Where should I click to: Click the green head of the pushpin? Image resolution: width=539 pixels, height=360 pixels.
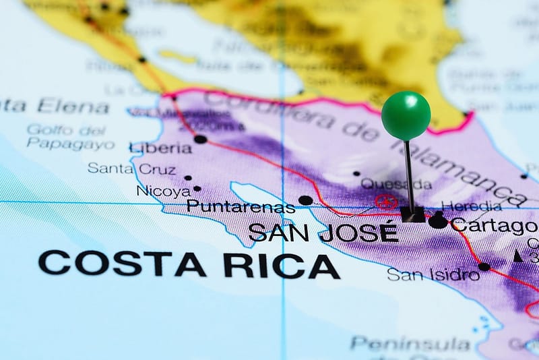click(x=406, y=115)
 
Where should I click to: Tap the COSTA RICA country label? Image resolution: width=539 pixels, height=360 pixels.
click(x=189, y=264)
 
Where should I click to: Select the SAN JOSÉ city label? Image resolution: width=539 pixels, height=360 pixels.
click(x=323, y=232)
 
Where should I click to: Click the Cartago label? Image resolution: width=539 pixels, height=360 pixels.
click(x=494, y=224)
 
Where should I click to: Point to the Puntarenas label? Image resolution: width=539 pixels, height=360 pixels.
click(x=241, y=206)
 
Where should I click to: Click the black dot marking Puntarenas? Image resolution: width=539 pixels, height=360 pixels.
click(x=305, y=200)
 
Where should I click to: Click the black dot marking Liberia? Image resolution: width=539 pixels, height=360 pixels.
click(x=200, y=139)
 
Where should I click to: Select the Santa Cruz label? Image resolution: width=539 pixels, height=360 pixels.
click(x=131, y=169)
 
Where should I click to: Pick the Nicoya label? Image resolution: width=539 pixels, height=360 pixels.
click(x=163, y=191)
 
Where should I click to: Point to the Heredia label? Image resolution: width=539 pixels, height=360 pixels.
click(x=471, y=206)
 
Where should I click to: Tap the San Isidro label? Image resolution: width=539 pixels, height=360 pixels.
click(x=433, y=274)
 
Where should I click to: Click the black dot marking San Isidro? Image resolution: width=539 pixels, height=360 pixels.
click(x=484, y=266)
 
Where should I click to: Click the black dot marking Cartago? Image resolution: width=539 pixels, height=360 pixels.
click(x=438, y=220)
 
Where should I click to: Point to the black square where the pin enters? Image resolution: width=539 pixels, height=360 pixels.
click(x=412, y=214)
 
